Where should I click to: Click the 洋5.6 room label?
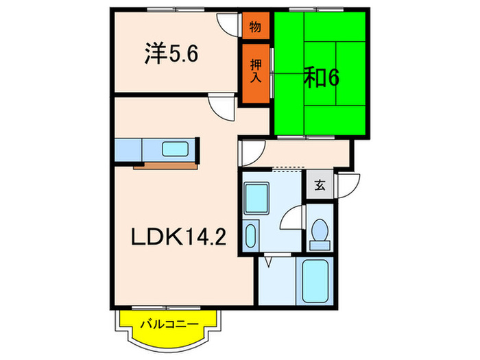(x=171, y=53)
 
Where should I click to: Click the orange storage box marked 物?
(x=255, y=27)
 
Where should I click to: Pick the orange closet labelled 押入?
(x=255, y=70)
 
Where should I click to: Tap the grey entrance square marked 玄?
(x=320, y=184)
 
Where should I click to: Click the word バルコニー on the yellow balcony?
(x=169, y=324)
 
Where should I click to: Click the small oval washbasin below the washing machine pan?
(x=251, y=237)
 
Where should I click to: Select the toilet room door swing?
(x=293, y=218)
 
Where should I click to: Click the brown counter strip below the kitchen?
(x=165, y=165)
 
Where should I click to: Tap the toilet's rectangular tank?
(x=320, y=243)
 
